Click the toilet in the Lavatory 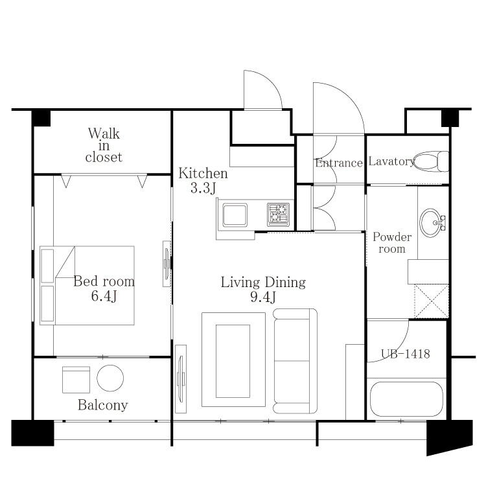(x=432, y=161)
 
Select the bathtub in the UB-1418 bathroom (x=406, y=399)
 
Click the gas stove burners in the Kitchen (x=279, y=214)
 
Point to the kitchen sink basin (x=235, y=215)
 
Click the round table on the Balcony (x=110, y=378)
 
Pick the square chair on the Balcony (x=76, y=380)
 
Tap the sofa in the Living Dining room (x=295, y=361)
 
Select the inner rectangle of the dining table (x=233, y=361)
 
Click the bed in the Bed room (x=87, y=286)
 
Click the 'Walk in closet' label (x=104, y=145)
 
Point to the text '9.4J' (x=263, y=297)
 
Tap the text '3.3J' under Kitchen (x=203, y=188)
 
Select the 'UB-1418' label (x=405, y=354)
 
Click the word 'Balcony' (x=103, y=405)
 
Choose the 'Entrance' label (x=339, y=163)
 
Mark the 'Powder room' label (x=392, y=243)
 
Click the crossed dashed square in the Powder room (x=432, y=301)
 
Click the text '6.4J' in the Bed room (x=104, y=296)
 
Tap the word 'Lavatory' (x=391, y=161)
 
